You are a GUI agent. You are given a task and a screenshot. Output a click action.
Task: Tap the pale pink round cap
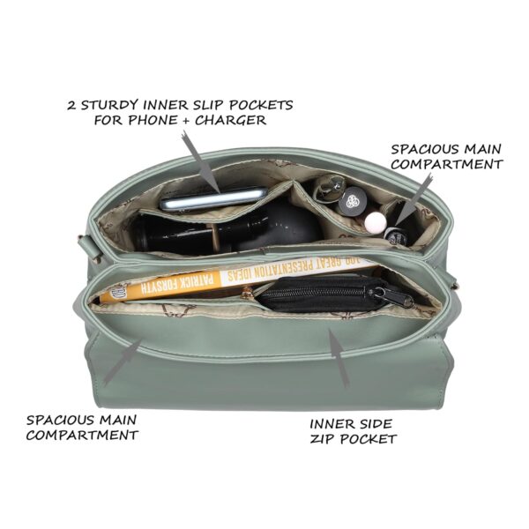pyautogui.click(x=375, y=220)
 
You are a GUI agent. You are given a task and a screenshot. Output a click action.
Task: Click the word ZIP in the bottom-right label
pyautogui.click(x=325, y=438)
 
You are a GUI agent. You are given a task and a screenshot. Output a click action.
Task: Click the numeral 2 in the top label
pyautogui.click(x=71, y=104)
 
